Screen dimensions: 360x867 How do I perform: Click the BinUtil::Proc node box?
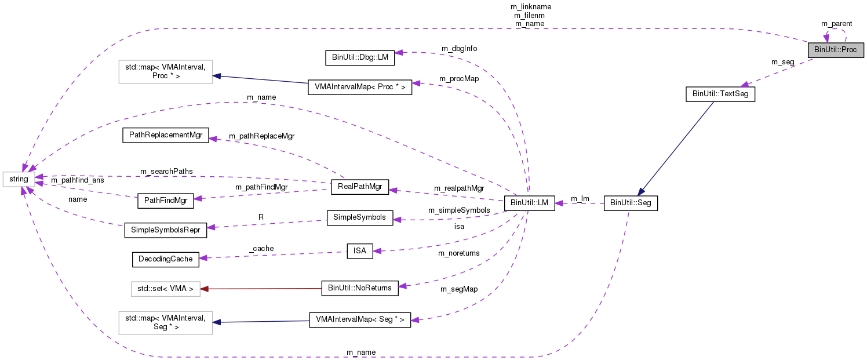coord(835,50)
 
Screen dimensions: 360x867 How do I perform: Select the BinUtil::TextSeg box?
coord(720,94)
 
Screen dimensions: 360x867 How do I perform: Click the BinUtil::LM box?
coord(530,203)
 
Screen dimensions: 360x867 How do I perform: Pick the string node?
coord(19,179)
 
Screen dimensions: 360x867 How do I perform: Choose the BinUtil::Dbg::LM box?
coord(359,57)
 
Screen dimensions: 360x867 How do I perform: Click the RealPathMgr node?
coord(359,187)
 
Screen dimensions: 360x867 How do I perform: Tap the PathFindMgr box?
coord(165,201)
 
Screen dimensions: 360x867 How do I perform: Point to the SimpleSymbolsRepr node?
coord(166,230)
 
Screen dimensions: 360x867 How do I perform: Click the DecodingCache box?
coord(165,259)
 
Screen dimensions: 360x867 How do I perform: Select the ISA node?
coord(360,251)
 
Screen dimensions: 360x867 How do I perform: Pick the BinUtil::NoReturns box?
coord(359,288)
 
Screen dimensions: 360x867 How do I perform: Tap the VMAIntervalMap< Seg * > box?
coord(359,319)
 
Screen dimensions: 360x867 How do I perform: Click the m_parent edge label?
coord(836,23)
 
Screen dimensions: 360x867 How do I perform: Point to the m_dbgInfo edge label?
coord(459,48)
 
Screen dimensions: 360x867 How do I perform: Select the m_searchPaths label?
coord(166,172)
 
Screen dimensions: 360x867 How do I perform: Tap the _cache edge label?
coord(261,248)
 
